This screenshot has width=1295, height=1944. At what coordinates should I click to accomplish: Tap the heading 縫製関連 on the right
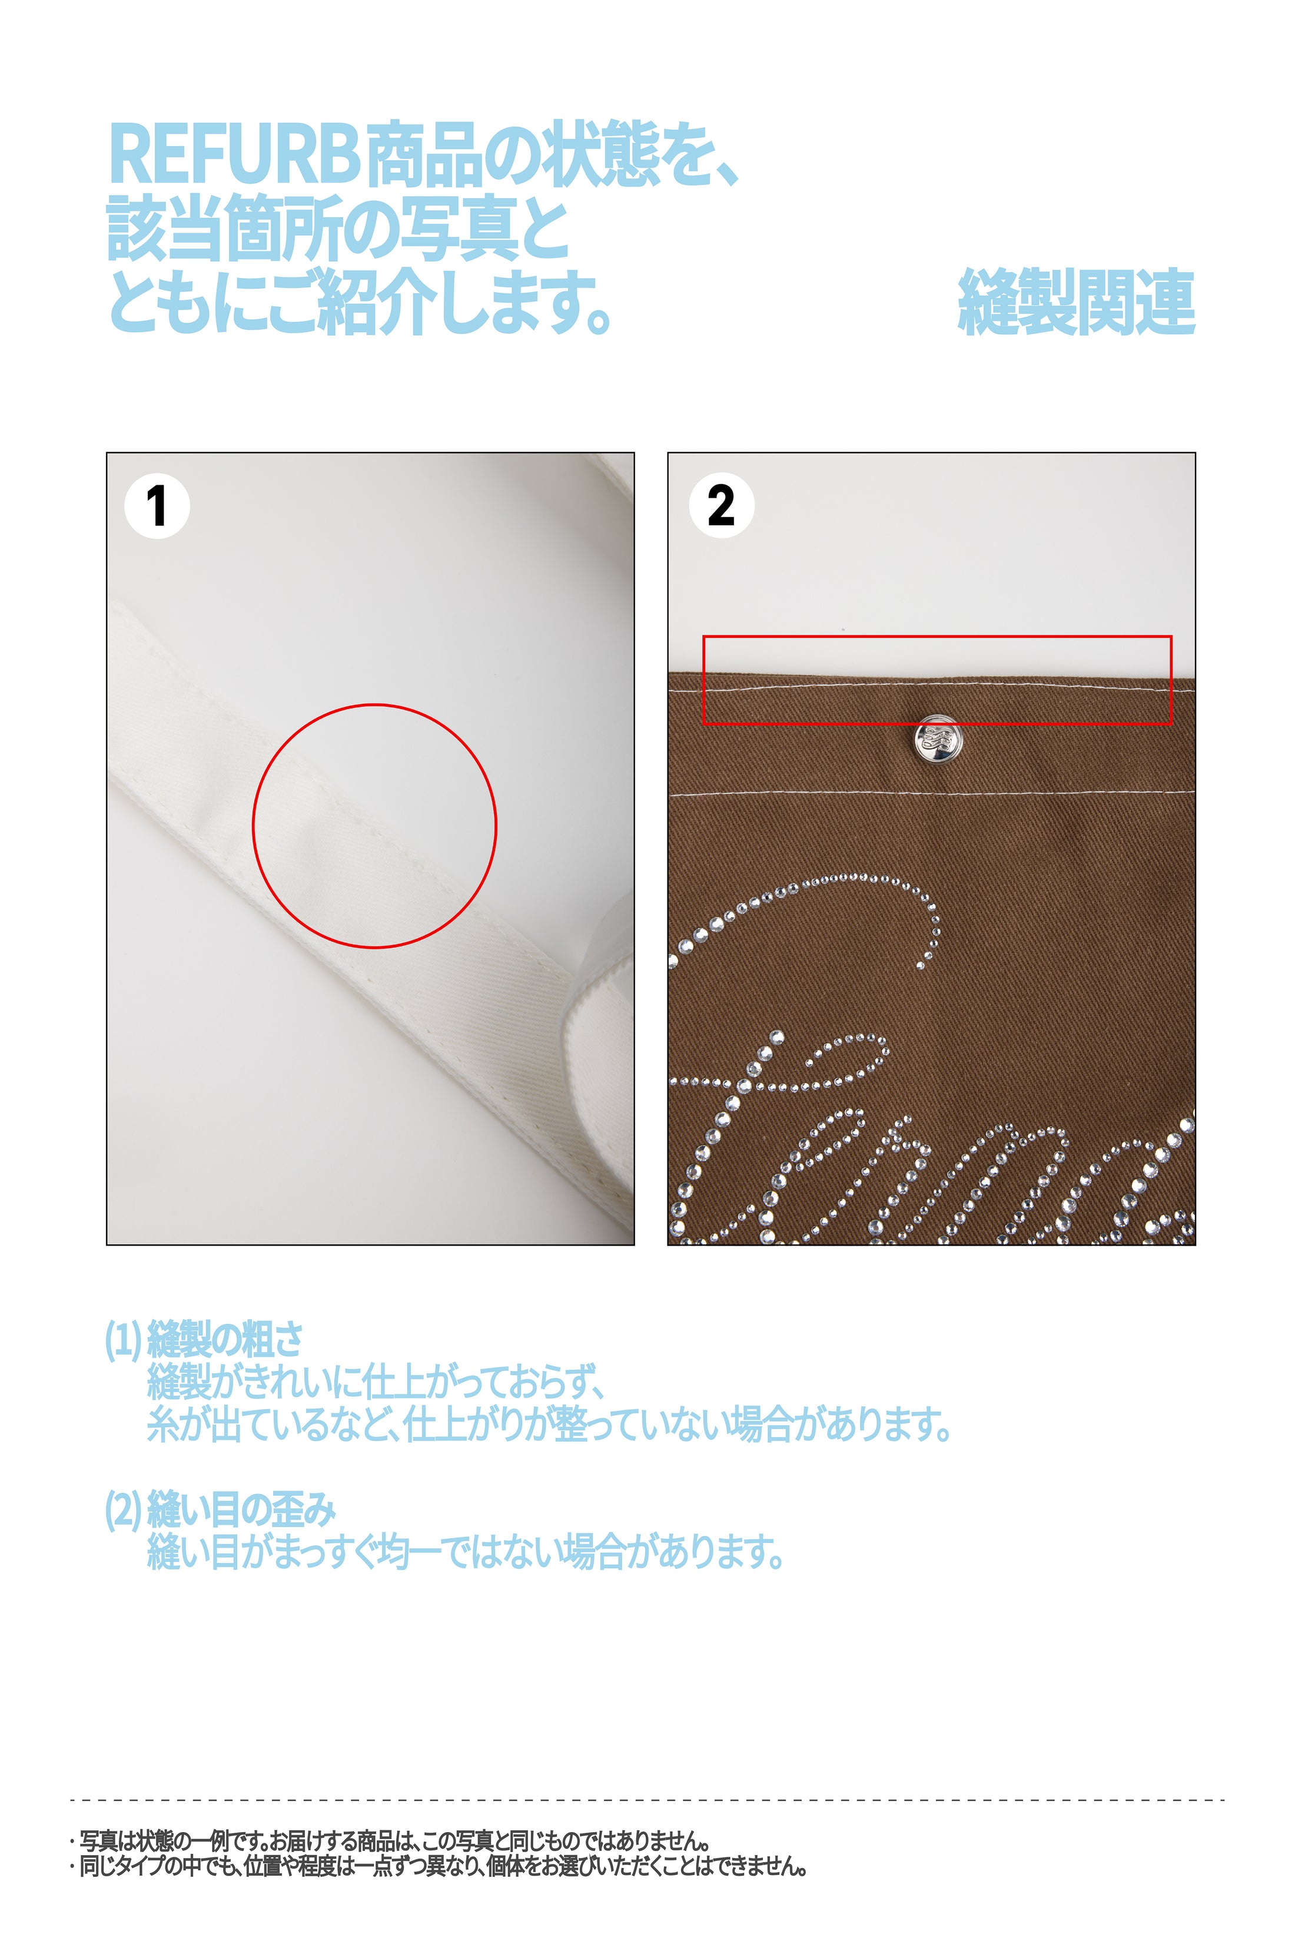tap(1076, 302)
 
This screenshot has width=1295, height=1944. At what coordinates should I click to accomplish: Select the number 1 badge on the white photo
tap(157, 506)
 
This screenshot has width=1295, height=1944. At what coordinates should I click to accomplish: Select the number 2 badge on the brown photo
tap(721, 506)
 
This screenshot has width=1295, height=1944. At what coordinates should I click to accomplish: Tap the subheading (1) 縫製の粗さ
tap(204, 1339)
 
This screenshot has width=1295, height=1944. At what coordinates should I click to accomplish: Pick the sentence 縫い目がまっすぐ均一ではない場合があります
tap(465, 1552)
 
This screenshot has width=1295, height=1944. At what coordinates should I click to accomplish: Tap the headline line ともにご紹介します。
tap(360, 302)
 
